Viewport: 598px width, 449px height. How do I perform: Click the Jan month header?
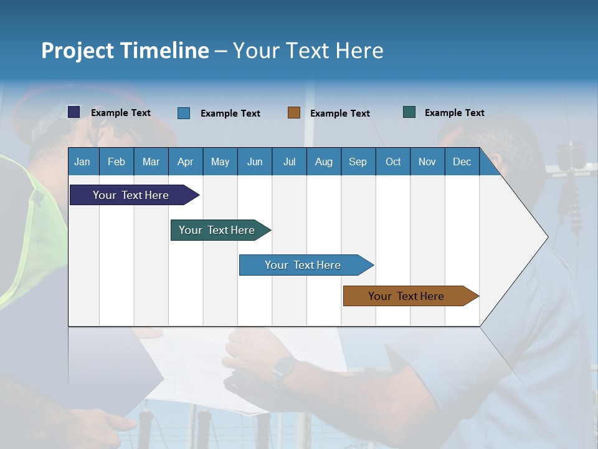click(x=83, y=162)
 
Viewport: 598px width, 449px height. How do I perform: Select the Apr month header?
click(x=186, y=162)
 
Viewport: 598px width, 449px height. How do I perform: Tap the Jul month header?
click(x=289, y=162)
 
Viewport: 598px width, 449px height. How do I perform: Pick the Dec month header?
click(x=462, y=162)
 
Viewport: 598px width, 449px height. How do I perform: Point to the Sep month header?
click(x=358, y=162)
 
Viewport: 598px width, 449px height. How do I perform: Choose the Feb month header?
click(x=116, y=162)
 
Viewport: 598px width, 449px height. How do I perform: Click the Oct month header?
click(x=393, y=162)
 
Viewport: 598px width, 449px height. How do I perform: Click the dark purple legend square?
click(x=74, y=112)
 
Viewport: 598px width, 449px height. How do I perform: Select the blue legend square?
click(x=184, y=113)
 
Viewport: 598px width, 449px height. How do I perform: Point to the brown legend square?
click(x=294, y=113)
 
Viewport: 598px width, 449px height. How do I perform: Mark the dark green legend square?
click(x=409, y=112)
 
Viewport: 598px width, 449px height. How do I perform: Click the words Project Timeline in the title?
click(x=125, y=51)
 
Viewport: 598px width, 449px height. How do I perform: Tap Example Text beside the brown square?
click(x=340, y=113)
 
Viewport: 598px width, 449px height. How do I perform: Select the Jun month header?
click(x=255, y=162)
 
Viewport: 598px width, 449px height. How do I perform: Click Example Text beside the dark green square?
click(x=455, y=113)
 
